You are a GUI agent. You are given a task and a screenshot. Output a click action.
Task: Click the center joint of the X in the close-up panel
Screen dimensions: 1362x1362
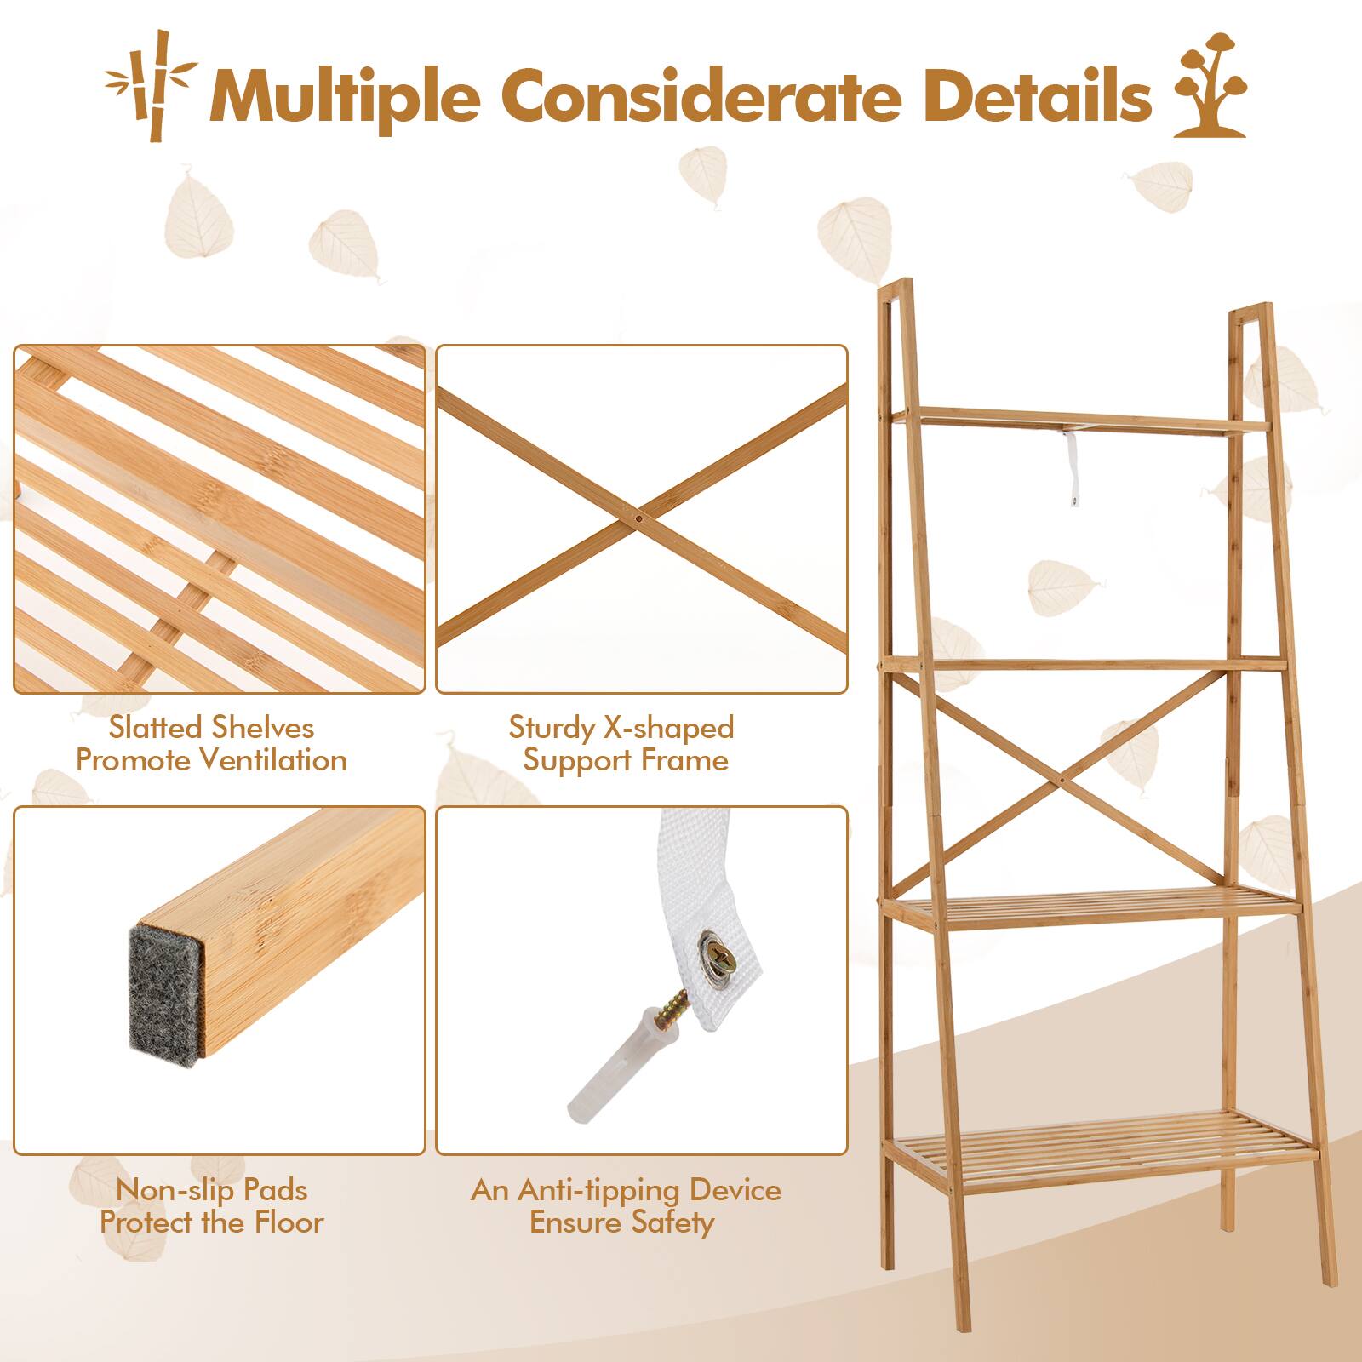[639, 516]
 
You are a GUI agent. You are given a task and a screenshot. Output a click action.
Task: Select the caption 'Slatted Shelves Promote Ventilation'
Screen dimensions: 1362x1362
[211, 743]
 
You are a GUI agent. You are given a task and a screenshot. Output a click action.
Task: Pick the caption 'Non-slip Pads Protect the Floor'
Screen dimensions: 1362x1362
[211, 1205]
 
